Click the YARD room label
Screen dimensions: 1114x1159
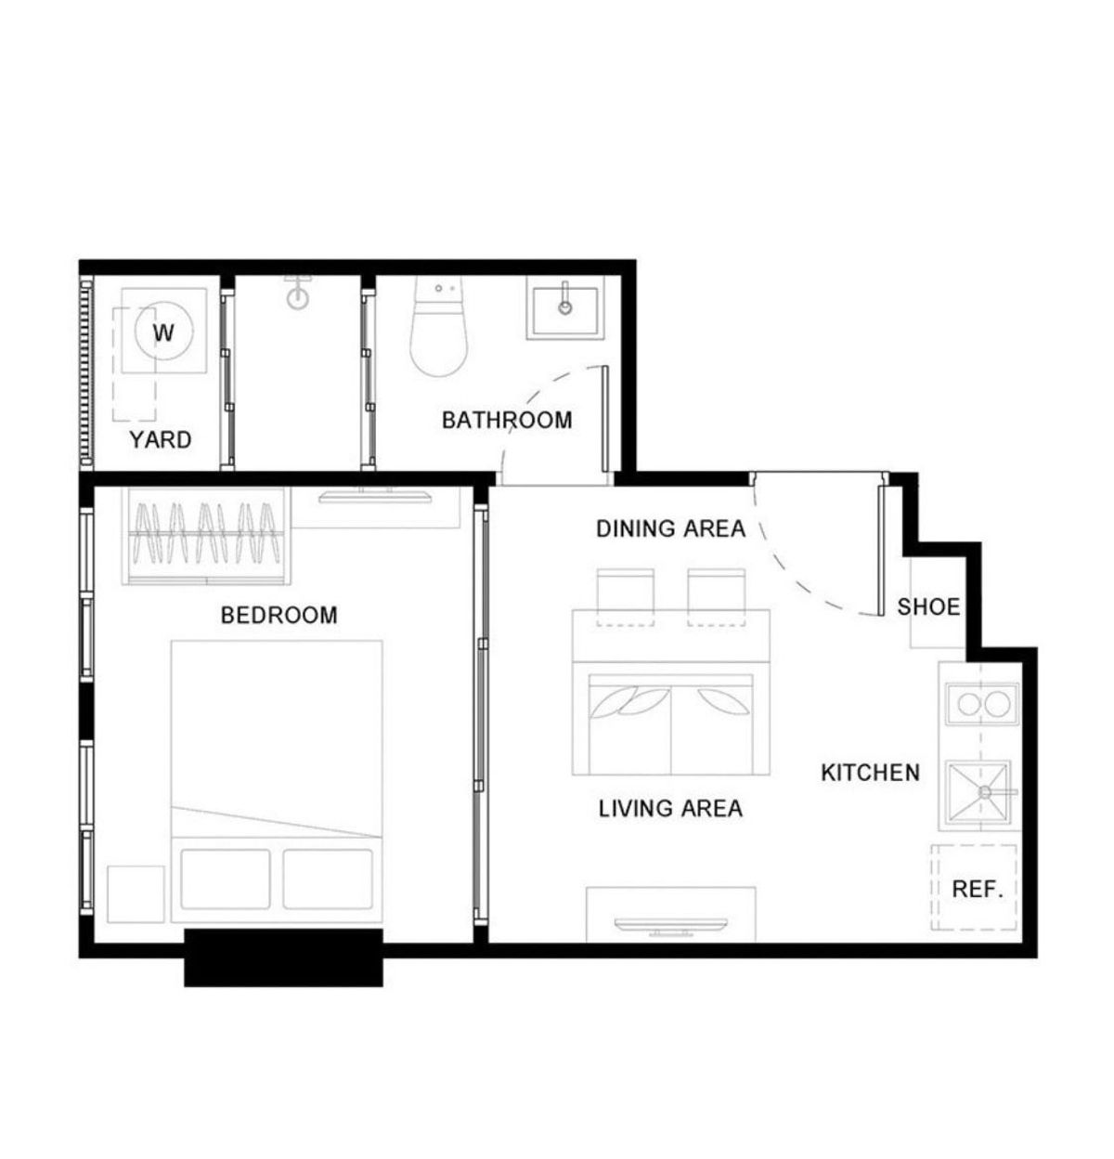161,440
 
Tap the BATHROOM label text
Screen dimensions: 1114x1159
507,421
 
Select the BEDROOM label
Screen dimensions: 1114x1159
278,615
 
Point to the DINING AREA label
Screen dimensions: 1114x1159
670,528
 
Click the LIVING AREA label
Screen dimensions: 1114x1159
670,808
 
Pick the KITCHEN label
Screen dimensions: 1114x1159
870,773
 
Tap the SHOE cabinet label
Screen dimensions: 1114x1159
928,607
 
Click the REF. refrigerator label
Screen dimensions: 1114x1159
977,889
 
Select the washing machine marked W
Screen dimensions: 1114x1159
163,332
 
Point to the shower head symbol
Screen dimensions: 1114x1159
298,293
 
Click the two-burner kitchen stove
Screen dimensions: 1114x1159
982,704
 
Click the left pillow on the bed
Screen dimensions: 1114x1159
225,879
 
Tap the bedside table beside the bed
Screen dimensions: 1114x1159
136,894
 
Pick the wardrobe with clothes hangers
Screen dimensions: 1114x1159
207,536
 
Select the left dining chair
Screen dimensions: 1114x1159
625,597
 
